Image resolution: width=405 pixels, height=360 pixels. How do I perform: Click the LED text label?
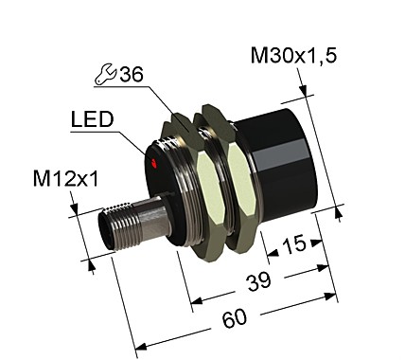(x=92, y=120)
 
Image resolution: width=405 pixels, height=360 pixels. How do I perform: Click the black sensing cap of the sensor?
(x=279, y=161)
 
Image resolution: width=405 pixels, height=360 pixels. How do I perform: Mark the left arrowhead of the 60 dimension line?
(x=138, y=347)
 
